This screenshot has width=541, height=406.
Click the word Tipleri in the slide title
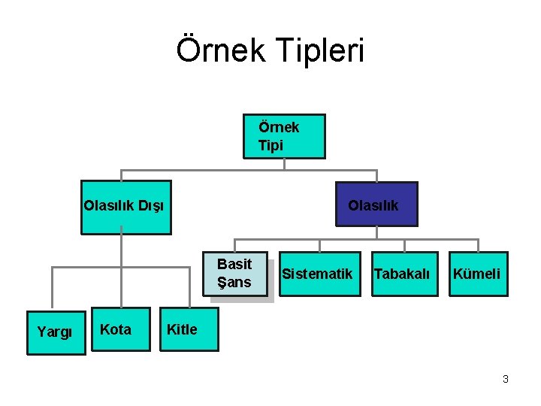[321, 50]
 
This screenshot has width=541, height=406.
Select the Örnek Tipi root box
[284, 136]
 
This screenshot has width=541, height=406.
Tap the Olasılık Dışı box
[126, 207]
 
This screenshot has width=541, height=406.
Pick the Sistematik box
[318, 274]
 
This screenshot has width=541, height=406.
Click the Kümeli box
[477, 274]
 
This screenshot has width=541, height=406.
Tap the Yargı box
[55, 331]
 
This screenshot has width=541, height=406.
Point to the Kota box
[116, 329]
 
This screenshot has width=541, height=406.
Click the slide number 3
[506, 379]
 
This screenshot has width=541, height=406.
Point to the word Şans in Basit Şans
[234, 282]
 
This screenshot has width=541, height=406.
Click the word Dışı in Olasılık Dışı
[152, 205]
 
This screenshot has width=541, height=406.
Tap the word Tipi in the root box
[271, 145]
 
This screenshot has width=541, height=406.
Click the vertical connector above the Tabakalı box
[405, 246]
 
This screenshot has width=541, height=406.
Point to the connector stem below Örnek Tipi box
[284, 165]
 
